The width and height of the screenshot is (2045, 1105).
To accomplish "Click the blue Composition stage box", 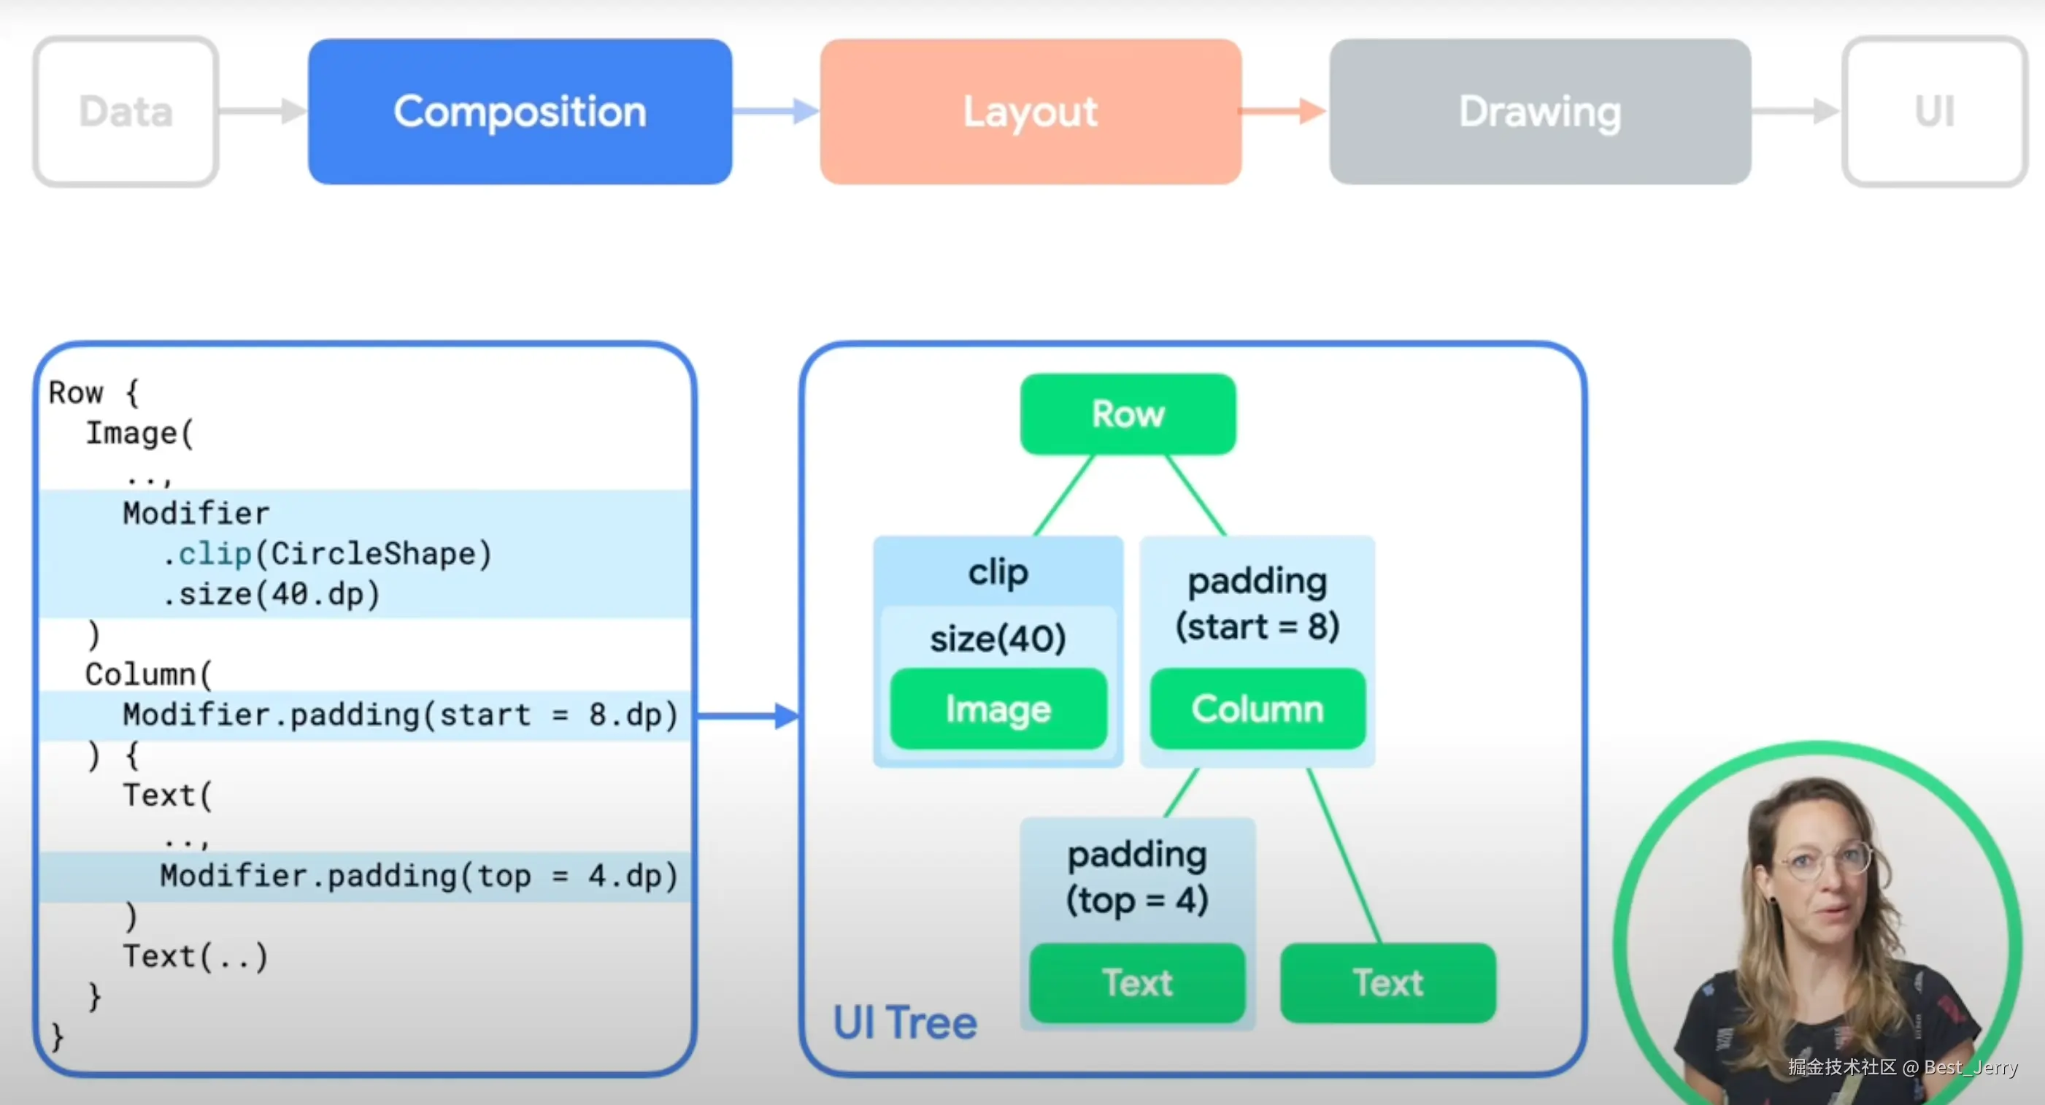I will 520,112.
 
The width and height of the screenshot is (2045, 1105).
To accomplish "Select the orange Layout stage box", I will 1031,112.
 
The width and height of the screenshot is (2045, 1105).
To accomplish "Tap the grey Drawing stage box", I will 1540,112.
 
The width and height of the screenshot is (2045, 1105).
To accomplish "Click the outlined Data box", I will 126,112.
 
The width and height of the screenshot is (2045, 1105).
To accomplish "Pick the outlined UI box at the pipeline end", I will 1934,112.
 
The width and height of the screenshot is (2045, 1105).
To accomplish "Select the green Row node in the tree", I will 1128,415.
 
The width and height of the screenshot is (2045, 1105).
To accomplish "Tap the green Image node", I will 998,709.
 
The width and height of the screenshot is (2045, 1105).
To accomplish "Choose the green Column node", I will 1258,709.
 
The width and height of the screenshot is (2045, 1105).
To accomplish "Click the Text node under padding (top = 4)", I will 1137,983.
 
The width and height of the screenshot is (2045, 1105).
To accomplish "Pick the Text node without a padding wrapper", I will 1387,983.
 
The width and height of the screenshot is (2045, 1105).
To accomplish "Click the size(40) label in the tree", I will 998,638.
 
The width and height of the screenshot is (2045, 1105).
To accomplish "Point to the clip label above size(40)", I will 998,572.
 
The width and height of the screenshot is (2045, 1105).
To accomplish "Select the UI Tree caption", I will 904,1023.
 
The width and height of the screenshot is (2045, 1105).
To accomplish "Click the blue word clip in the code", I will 215,554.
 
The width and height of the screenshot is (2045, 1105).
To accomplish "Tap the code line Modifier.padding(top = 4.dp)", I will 418,877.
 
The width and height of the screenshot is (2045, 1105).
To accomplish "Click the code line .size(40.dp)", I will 271,595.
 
